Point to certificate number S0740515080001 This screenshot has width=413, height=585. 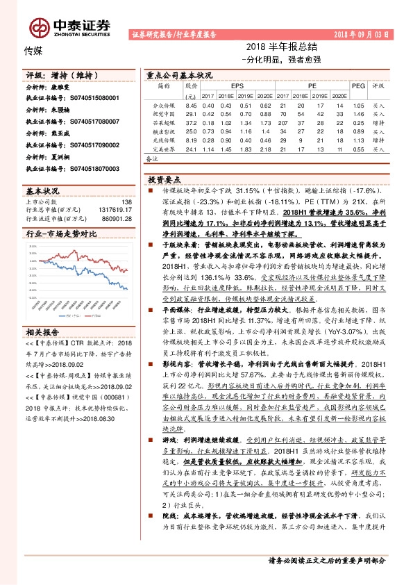tap(94, 99)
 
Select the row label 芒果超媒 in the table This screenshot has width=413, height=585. tap(164, 122)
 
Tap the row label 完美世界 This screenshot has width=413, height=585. tap(164, 149)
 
